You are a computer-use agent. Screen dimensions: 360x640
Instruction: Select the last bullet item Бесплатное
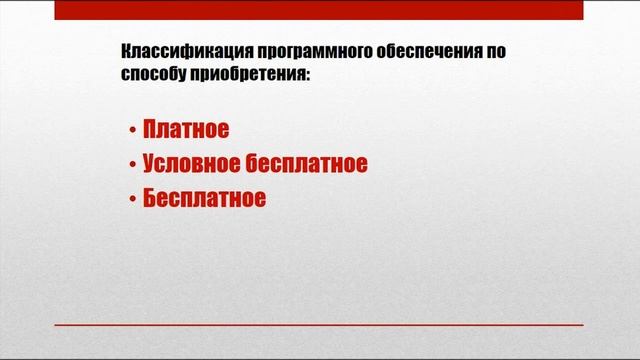click(204, 197)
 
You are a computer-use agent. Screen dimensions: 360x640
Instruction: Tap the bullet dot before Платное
click(132, 132)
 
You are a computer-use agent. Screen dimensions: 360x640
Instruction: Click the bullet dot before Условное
click(132, 165)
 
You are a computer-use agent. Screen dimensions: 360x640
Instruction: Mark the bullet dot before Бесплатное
click(132, 198)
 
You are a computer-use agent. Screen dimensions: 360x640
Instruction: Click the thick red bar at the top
click(319, 9)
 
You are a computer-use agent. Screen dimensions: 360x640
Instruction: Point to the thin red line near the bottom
click(319, 325)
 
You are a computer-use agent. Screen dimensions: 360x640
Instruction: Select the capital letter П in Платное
click(152, 131)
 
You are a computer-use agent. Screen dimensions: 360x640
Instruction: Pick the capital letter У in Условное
click(151, 164)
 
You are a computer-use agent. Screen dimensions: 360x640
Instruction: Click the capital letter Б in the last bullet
click(151, 197)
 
